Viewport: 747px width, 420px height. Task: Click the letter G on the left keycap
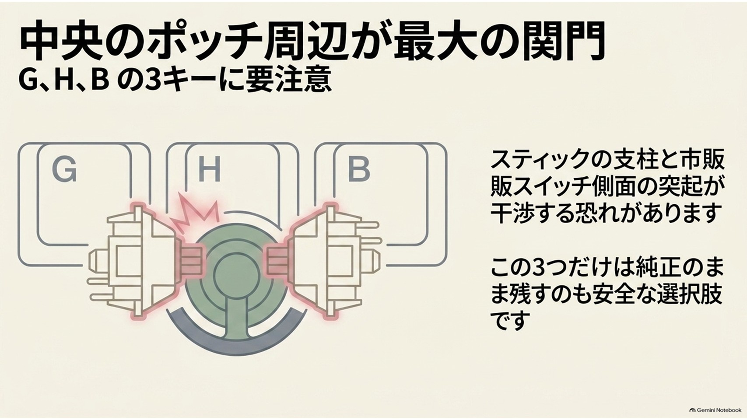tap(64, 170)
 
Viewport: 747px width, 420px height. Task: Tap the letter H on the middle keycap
tap(210, 170)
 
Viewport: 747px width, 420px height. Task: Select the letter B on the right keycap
tap(358, 170)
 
